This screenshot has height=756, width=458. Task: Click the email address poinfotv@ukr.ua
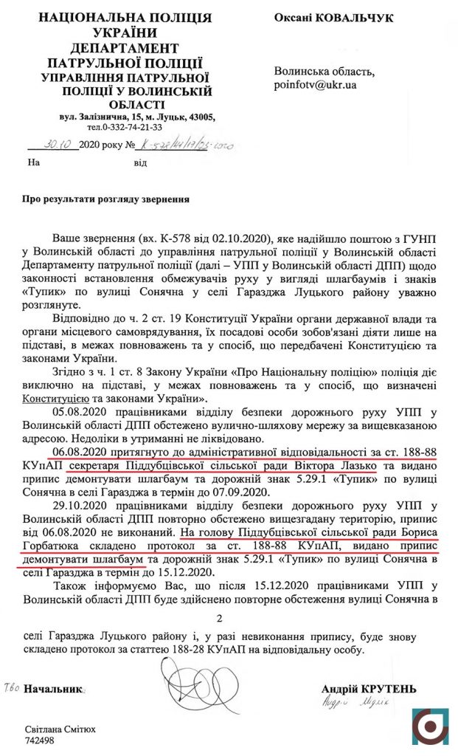315,86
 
